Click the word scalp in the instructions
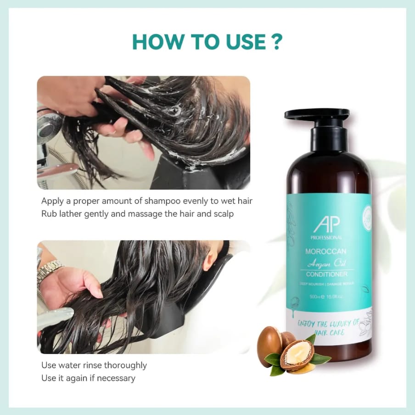point(224,214)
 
